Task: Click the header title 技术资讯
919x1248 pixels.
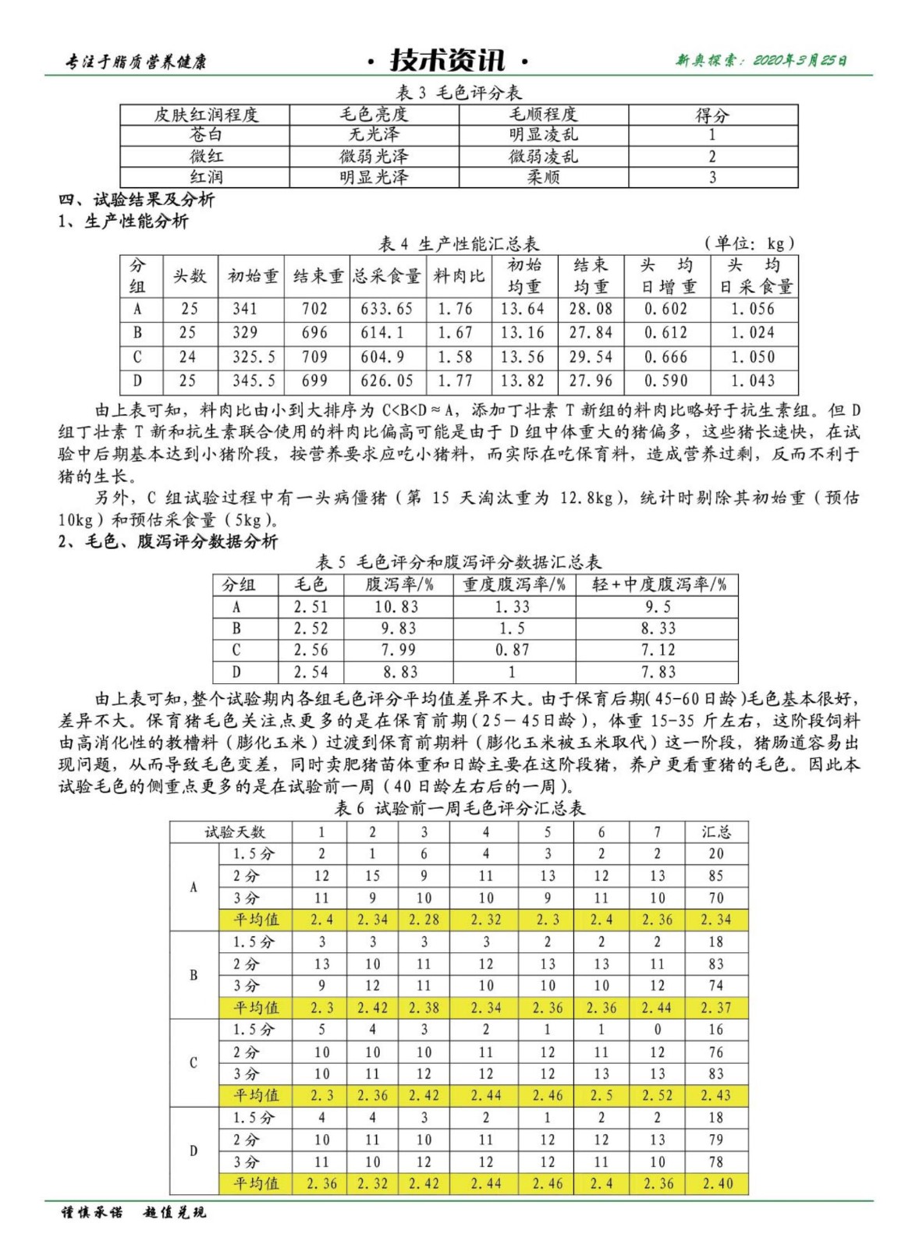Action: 448,60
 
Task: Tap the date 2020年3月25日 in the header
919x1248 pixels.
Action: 800,60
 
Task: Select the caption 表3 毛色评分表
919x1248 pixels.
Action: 459,93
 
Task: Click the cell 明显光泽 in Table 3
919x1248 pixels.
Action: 374,177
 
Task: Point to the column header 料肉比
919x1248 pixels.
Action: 459,275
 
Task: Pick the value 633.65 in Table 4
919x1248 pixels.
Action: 386,309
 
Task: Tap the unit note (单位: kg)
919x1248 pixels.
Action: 749,243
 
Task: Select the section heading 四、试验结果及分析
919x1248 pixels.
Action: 137,199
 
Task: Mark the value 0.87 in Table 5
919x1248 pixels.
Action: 512,650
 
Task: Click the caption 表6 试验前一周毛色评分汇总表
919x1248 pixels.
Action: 459,808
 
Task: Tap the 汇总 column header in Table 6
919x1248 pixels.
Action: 715,831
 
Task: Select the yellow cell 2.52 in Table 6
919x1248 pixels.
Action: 657,1095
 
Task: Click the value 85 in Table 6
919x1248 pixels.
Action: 715,876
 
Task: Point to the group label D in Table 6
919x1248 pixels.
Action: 193,1150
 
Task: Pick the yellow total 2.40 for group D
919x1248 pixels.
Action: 717,1183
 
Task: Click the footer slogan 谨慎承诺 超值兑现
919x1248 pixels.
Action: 134,1212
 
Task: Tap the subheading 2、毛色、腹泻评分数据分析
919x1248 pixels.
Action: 168,541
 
